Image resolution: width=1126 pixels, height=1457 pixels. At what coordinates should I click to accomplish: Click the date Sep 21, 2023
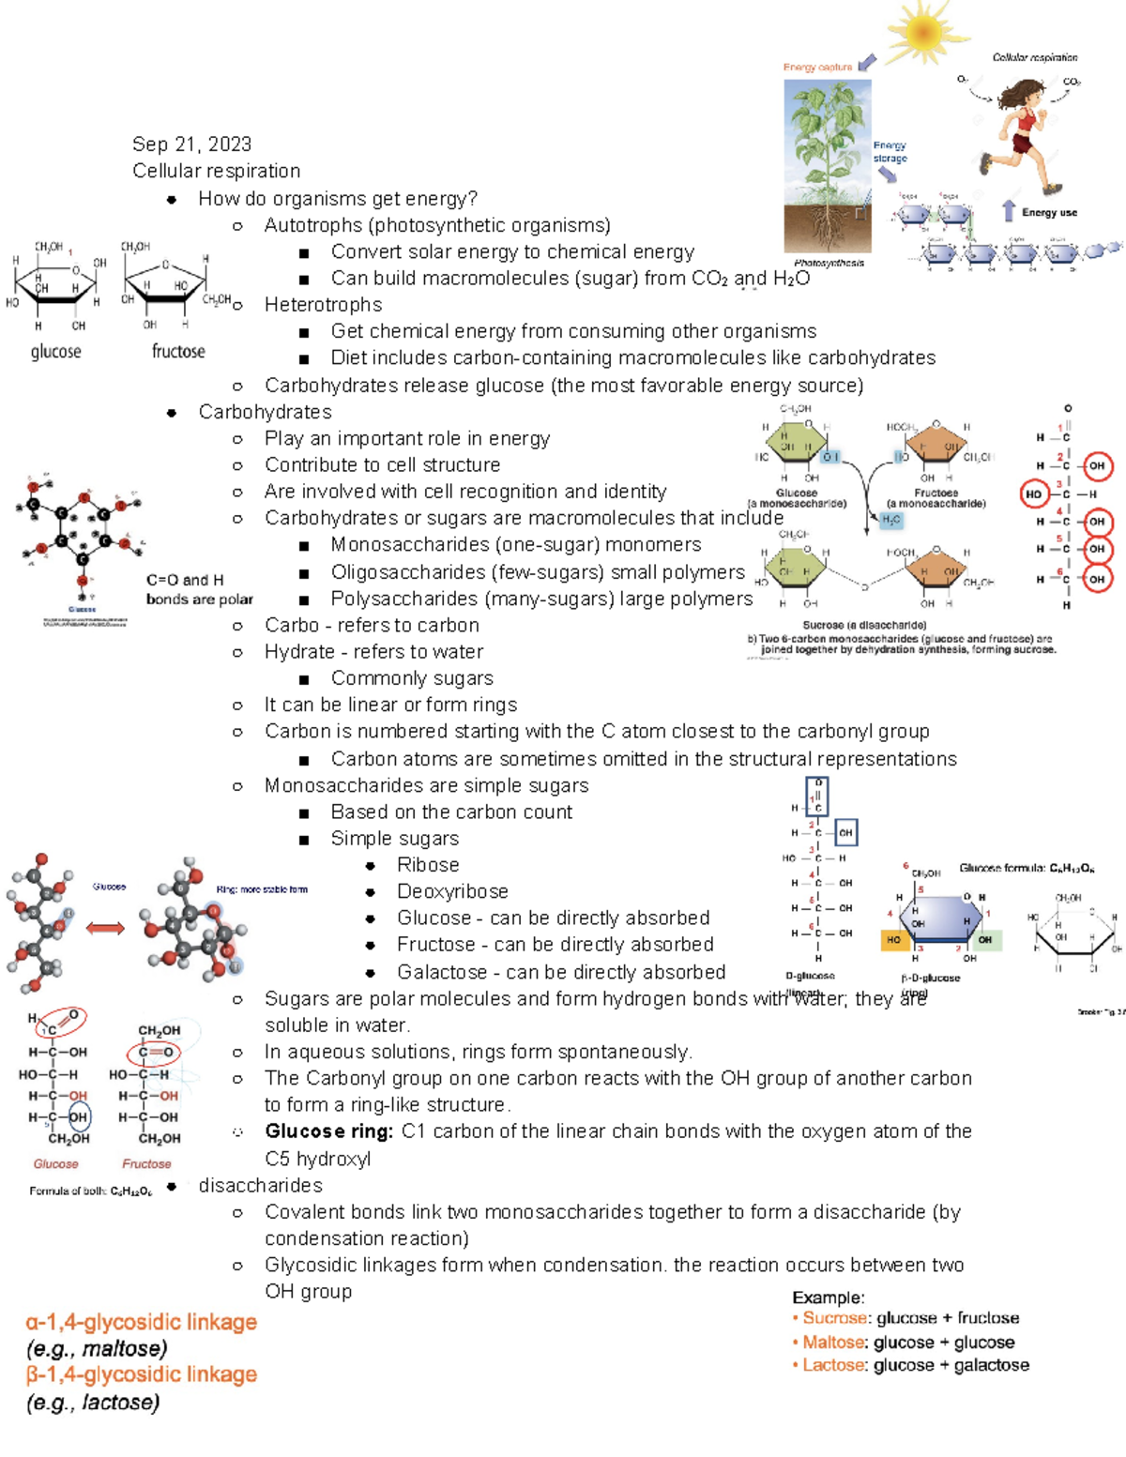[x=191, y=144]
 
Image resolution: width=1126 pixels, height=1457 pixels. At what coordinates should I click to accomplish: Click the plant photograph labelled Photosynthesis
[x=828, y=165]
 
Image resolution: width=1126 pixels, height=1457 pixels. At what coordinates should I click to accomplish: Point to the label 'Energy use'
[x=1049, y=213]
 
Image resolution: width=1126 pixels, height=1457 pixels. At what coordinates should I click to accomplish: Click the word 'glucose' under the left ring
[x=56, y=352]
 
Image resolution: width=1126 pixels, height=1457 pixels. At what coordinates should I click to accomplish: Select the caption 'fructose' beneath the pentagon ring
[x=178, y=352]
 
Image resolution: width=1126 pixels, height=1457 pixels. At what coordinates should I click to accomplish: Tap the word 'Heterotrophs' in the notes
[x=323, y=305]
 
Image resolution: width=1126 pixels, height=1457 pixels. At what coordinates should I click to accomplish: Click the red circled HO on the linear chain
[x=1033, y=493]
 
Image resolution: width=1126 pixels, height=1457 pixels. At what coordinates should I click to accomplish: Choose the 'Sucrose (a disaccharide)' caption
[x=864, y=625]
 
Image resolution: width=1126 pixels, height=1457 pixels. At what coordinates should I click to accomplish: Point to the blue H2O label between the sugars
[x=891, y=520]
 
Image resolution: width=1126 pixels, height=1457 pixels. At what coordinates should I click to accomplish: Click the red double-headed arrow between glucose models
[x=105, y=929]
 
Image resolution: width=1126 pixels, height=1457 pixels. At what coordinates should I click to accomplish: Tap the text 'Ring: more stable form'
[x=262, y=889]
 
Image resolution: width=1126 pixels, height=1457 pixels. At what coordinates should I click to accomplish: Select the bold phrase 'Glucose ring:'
[x=329, y=1131]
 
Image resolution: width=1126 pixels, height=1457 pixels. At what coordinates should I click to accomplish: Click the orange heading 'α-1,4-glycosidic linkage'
[x=142, y=1323]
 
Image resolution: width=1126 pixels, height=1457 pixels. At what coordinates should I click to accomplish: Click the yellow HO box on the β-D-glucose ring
[x=894, y=939]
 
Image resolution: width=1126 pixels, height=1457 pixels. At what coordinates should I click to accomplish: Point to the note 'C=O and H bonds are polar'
[x=199, y=589]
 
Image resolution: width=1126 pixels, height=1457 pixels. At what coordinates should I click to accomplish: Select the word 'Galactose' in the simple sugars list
[x=442, y=972]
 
